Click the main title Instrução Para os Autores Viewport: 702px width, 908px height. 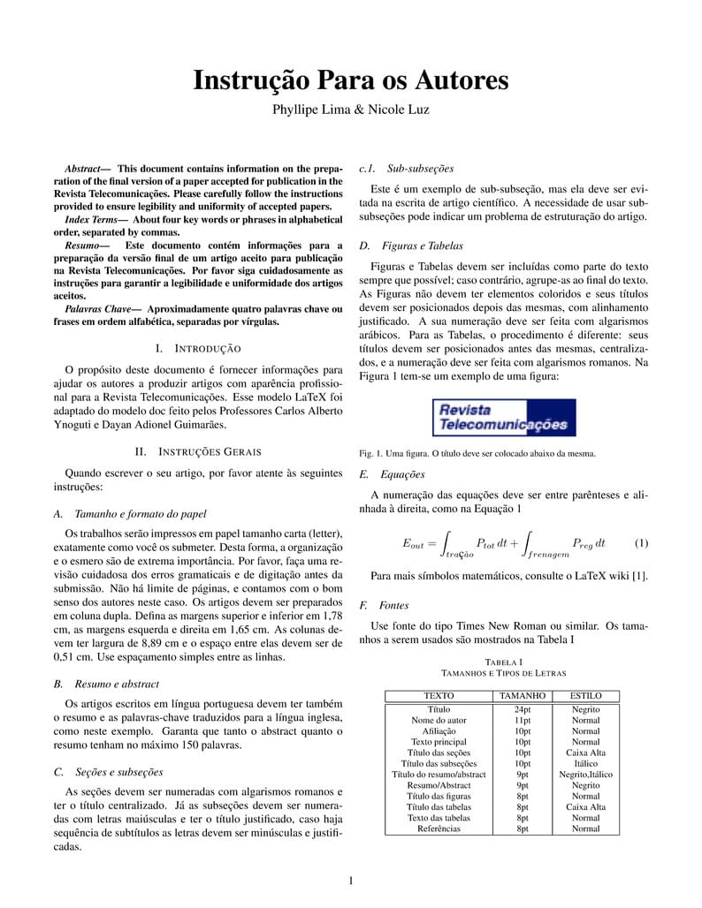[351, 80]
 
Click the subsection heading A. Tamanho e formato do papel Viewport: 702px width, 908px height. [130, 513]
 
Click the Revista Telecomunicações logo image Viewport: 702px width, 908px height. [504, 418]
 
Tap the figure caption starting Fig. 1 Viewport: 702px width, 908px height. [477, 454]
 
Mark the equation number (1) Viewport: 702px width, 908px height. [641, 542]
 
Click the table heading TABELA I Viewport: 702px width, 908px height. [503, 662]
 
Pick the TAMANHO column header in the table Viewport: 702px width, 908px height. [523, 696]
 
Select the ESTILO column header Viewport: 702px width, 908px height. [585, 696]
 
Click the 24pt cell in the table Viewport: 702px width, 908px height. [523, 709]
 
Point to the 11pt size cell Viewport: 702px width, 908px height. [523, 721]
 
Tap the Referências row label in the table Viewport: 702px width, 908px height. [439, 829]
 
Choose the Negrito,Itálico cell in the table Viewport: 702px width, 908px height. [585, 775]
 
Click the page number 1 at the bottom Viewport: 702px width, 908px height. [351, 880]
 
